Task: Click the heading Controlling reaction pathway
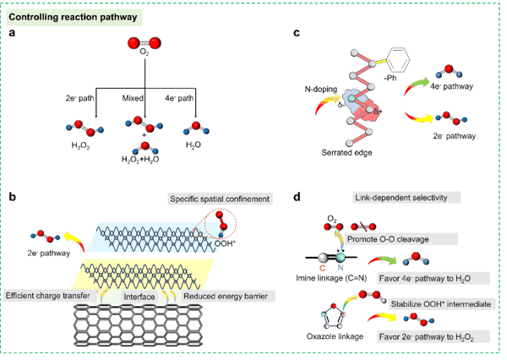pos(73,17)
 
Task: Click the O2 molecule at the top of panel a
pos(144,43)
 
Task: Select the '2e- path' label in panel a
pos(80,98)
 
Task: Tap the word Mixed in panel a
pos(133,98)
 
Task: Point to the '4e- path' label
pos(179,98)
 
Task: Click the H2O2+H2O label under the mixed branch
pos(140,160)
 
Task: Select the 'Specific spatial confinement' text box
pos(220,199)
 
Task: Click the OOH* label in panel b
pos(225,243)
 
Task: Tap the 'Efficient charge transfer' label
pos(48,296)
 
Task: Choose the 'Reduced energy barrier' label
pos(226,296)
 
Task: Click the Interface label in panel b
pos(139,297)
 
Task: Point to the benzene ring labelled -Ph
pos(398,59)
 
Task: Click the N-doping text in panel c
pos(321,89)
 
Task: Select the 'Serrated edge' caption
pos(346,153)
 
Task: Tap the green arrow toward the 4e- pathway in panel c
pos(417,85)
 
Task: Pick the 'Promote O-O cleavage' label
pos(388,239)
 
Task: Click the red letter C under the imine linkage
pos(323,268)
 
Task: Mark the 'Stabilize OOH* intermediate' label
pos(441,304)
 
